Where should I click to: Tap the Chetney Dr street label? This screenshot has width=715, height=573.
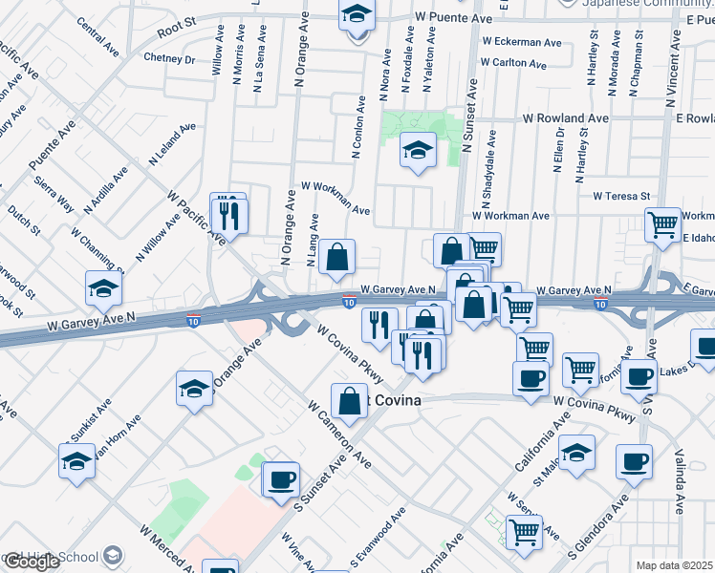click(x=169, y=59)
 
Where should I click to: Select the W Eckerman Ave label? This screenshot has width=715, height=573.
click(x=522, y=42)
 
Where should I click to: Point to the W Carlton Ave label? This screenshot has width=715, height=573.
click(x=514, y=65)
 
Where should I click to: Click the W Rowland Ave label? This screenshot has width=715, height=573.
click(x=565, y=118)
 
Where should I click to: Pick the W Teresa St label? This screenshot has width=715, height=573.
click(x=621, y=196)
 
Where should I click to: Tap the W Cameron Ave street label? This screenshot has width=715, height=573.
click(x=339, y=434)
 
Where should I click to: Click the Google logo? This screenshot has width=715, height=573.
click(x=32, y=562)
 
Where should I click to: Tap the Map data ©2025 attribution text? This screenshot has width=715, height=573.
click(x=674, y=565)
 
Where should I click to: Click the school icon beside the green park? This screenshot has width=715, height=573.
click(x=418, y=152)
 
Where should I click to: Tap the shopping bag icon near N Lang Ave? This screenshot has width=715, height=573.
click(x=336, y=256)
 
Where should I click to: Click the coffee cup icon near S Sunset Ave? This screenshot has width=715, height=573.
click(x=280, y=479)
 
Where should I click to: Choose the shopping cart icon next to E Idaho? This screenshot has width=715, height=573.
click(x=662, y=225)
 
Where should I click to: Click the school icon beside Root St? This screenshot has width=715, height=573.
click(x=357, y=15)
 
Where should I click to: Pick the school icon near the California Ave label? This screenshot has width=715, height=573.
click(x=576, y=453)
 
